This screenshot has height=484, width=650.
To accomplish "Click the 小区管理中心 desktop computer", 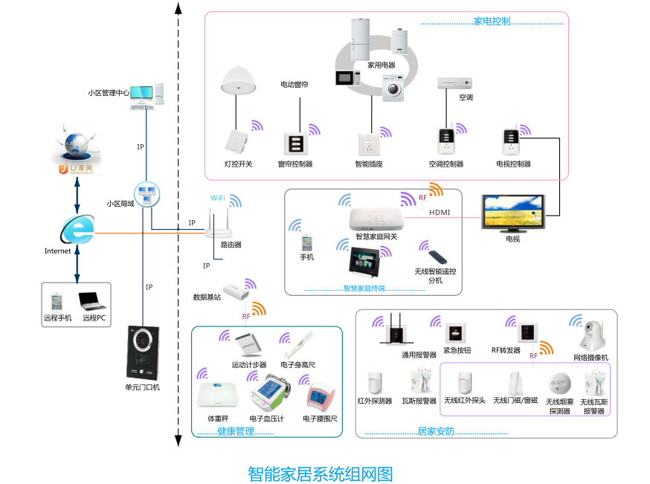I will [x=149, y=96].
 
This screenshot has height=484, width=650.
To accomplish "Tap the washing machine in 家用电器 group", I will [x=393, y=88].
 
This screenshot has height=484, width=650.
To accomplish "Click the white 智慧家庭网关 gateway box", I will [x=376, y=219].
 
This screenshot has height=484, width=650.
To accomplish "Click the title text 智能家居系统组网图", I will [x=320, y=474].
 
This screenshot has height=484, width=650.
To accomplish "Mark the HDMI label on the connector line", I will [x=440, y=213].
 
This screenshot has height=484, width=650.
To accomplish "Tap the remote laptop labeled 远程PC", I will [x=93, y=300].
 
